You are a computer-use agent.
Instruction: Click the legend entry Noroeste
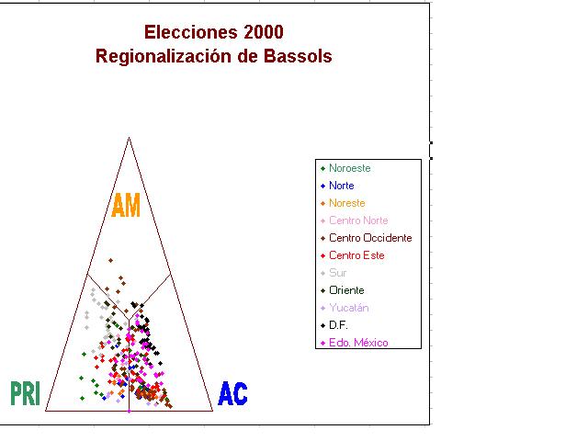point(349,168)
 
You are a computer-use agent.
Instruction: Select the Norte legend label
point(341,186)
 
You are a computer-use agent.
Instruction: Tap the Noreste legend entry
point(347,203)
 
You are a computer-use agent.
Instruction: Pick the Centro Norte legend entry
point(358,220)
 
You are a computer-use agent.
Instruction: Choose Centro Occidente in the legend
point(370,238)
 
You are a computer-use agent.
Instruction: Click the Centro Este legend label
point(356,255)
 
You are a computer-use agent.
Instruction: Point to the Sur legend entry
point(337,273)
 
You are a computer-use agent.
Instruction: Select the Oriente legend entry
point(346,290)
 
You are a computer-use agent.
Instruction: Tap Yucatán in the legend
point(349,308)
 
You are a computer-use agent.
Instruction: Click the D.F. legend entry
point(338,325)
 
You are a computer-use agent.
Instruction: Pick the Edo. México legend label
point(358,343)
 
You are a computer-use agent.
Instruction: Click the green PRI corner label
point(25,393)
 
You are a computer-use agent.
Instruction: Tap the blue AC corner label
point(232,393)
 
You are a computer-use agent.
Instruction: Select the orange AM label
point(126,205)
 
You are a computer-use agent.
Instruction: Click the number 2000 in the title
point(264,32)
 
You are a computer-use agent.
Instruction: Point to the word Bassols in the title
point(298,56)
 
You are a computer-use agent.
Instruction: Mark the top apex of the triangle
point(129,138)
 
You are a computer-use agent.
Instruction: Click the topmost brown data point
point(110,260)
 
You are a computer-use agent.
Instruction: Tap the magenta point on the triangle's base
point(129,412)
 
